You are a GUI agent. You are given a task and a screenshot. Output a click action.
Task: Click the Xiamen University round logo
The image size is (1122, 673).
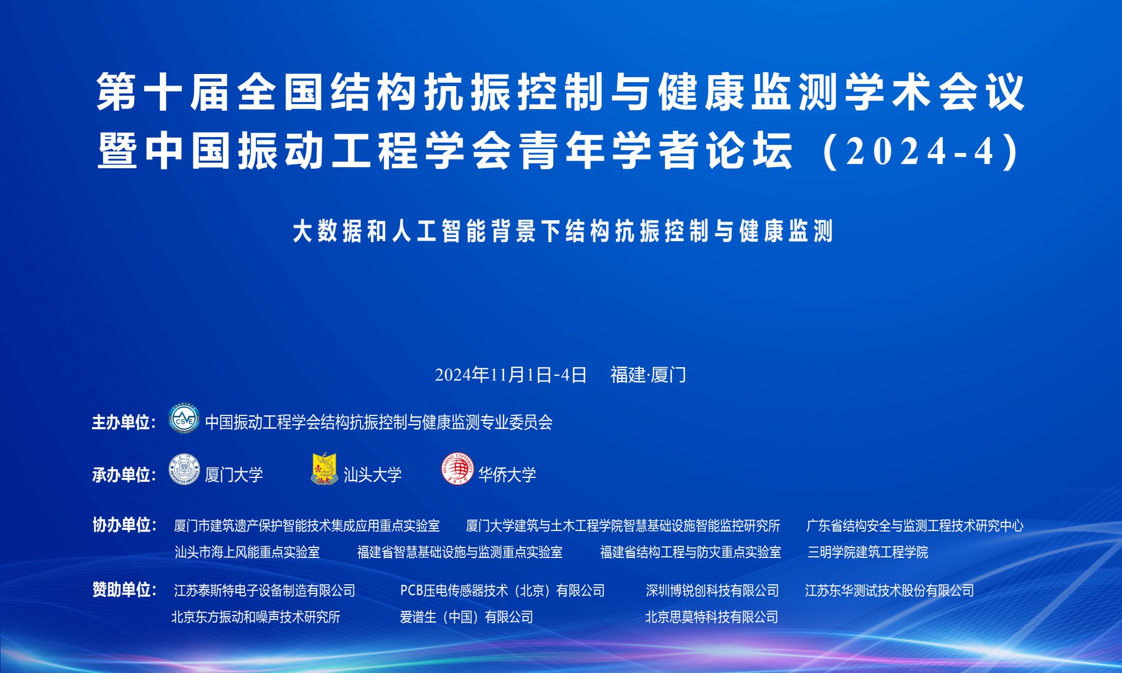click(184, 470)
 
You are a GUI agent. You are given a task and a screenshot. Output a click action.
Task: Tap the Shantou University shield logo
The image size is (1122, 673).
click(324, 469)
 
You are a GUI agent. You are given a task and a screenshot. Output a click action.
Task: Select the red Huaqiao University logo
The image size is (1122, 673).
click(457, 470)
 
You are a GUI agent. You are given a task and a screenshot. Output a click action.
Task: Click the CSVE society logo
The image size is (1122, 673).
click(184, 420)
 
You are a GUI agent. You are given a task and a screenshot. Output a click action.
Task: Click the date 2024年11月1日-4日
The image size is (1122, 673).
click(511, 375)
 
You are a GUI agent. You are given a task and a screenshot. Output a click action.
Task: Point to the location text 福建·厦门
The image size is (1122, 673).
click(648, 375)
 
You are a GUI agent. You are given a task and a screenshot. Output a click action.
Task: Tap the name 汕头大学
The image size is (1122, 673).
click(373, 475)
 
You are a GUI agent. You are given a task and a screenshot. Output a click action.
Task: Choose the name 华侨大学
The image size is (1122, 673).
click(507, 475)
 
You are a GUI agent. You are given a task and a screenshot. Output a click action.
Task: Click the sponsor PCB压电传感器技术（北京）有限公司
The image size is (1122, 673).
click(502, 590)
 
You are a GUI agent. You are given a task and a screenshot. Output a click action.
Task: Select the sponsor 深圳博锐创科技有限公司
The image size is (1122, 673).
click(712, 590)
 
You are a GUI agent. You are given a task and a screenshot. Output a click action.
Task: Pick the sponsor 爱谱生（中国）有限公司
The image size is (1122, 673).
click(466, 617)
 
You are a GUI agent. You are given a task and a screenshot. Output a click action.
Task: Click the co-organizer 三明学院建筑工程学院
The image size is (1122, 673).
click(868, 552)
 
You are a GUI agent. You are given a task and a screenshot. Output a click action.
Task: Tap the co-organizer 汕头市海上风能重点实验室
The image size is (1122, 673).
click(247, 552)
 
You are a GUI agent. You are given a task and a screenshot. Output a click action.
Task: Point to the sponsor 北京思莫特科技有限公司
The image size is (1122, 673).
click(712, 617)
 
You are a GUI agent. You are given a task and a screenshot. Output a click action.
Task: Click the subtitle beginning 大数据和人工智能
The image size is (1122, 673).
click(563, 231)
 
